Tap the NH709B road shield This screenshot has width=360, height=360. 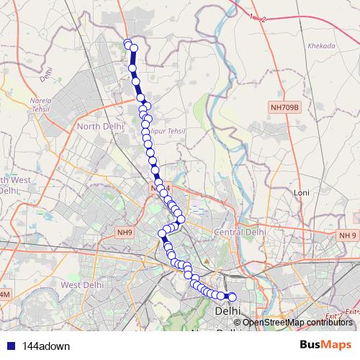click(x=284, y=108)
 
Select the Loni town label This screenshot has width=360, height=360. click(x=302, y=193)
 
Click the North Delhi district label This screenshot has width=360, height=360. click(x=98, y=127)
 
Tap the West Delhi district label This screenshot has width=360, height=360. click(x=79, y=285)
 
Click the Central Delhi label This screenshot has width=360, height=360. click(x=240, y=233)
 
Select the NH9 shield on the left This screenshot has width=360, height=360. click(x=125, y=233)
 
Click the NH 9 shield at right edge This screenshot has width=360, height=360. click(x=348, y=235)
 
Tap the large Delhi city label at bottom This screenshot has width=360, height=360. click(x=229, y=312)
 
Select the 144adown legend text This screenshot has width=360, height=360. click(x=45, y=346)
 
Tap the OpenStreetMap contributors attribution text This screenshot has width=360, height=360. click(x=297, y=322)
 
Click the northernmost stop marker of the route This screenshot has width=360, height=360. click(x=128, y=44)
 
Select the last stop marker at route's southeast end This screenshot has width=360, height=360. click(x=232, y=296)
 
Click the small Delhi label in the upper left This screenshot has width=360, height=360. click(x=48, y=72)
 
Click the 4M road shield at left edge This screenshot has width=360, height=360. click(x=4, y=295)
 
